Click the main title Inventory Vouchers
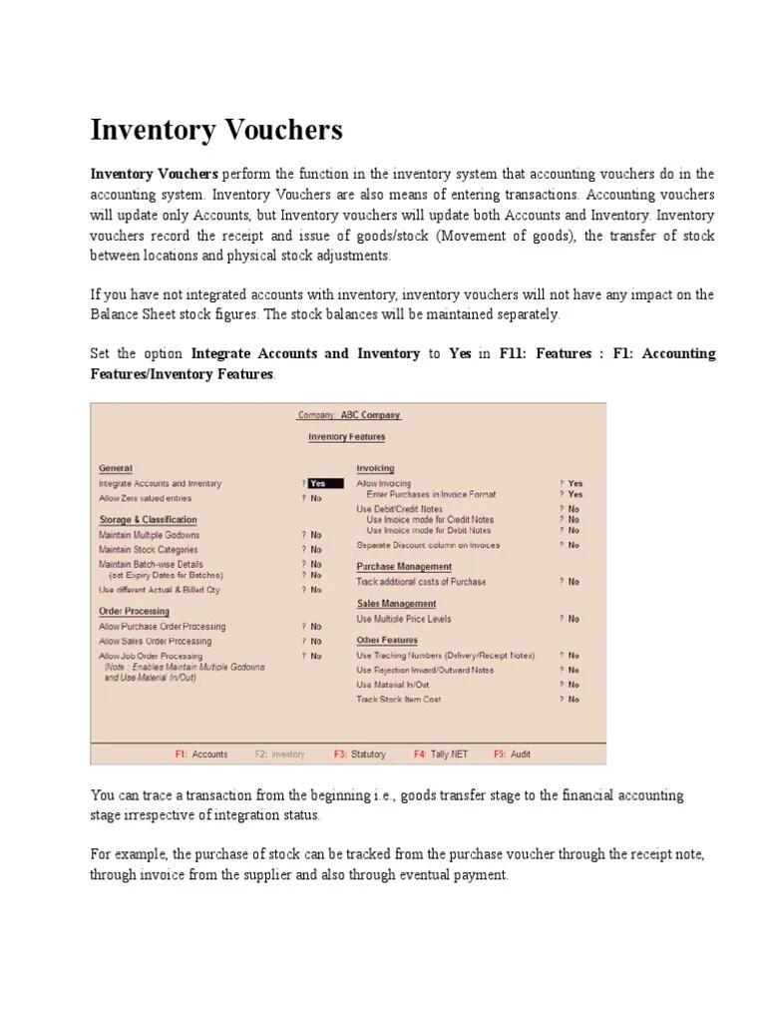click(x=216, y=130)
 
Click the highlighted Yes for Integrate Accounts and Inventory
click(x=323, y=483)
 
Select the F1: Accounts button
click(x=201, y=755)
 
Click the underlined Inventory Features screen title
click(x=346, y=437)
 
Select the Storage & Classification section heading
click(x=148, y=520)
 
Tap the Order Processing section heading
click(x=134, y=611)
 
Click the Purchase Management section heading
click(x=404, y=567)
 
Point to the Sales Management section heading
click(x=396, y=604)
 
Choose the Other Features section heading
click(x=387, y=640)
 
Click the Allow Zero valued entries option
click(x=145, y=498)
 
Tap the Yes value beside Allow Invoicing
click(x=575, y=483)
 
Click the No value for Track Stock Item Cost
click(x=574, y=700)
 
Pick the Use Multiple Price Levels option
click(x=403, y=619)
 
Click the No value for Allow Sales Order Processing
click(x=315, y=642)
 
